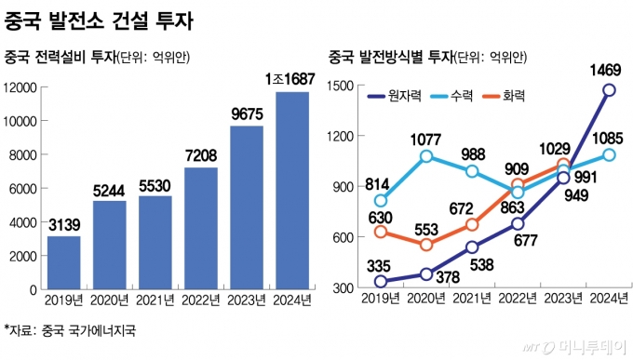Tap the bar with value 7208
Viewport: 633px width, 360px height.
click(x=201, y=227)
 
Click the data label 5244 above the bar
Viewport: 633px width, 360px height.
click(x=111, y=191)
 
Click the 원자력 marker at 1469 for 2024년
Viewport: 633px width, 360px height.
click(x=609, y=90)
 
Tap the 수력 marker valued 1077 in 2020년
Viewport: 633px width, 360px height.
click(x=425, y=156)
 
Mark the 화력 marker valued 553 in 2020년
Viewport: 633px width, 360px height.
click(x=425, y=245)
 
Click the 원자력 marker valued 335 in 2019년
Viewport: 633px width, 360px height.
click(x=380, y=281)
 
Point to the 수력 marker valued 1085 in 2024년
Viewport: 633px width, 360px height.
click(x=609, y=154)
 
